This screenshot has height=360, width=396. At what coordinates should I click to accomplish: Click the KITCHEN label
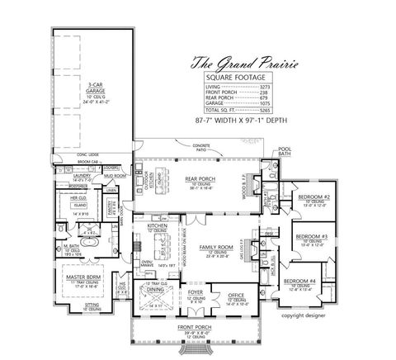tap(157, 225)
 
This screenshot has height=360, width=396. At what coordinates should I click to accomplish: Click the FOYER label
tap(195, 291)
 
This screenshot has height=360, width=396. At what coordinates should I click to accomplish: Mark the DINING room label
tap(155, 290)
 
